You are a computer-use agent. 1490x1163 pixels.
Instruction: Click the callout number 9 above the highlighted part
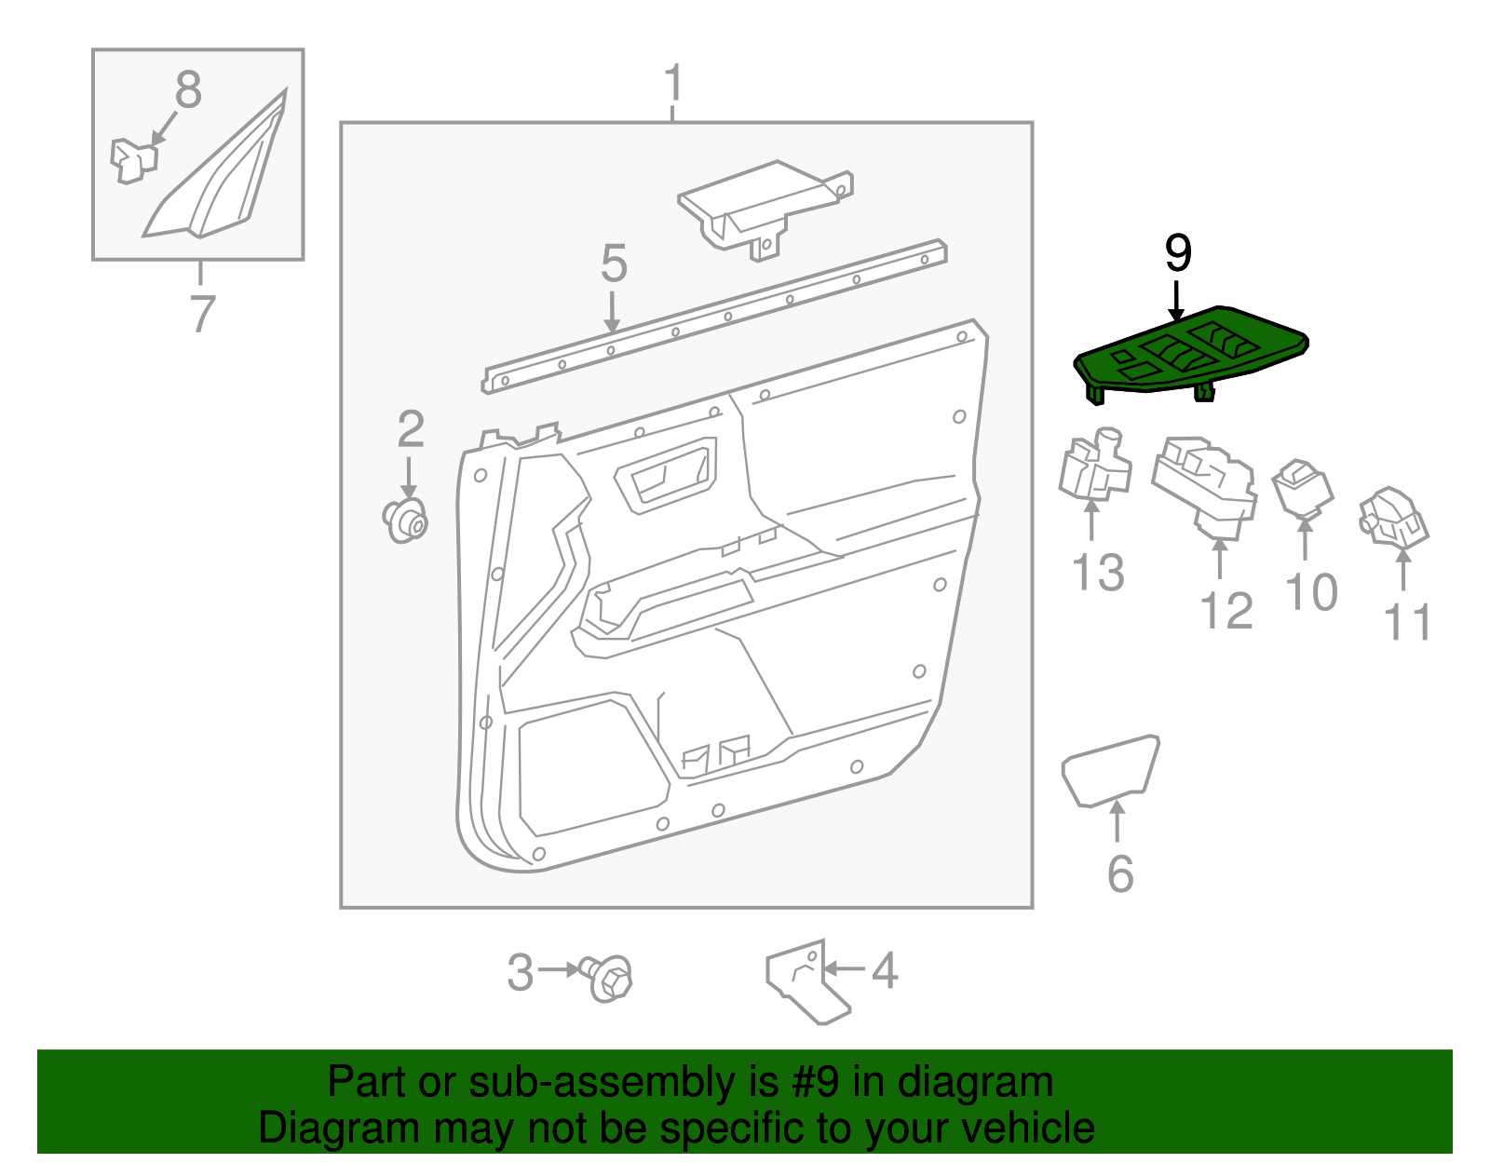point(1178,253)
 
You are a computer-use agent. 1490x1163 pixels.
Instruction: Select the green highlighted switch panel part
point(1192,355)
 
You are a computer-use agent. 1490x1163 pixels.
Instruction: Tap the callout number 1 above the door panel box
point(673,83)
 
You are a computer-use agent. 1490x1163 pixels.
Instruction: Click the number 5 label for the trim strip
point(613,264)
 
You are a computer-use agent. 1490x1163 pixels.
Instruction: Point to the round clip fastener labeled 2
point(406,520)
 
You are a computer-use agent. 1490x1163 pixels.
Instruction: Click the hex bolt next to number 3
point(612,977)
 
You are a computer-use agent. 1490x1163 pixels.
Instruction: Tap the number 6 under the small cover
point(1119,873)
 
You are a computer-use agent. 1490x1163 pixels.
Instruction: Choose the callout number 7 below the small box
point(202,313)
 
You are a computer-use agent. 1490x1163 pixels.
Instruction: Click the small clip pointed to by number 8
point(132,160)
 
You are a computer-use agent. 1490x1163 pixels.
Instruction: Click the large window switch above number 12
point(1205,485)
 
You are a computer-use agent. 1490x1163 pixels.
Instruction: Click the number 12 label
point(1226,611)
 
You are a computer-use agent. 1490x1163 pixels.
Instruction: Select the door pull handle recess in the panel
point(666,475)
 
